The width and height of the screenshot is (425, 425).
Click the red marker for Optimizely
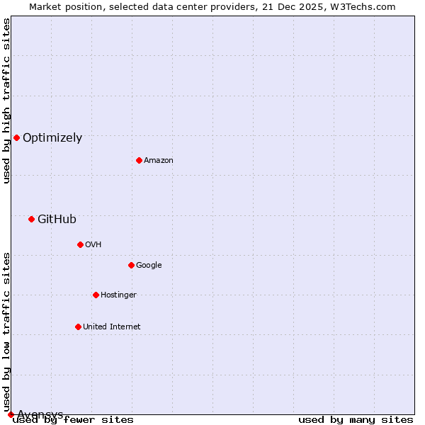(16, 137)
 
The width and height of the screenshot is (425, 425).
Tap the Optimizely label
(52, 138)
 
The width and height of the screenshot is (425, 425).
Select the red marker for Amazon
(139, 160)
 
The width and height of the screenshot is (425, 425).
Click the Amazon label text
(159, 161)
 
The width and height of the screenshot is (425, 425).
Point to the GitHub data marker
(31, 219)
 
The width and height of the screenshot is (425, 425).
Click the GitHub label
(57, 220)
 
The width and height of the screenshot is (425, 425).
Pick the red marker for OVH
(80, 244)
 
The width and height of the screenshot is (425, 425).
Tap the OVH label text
(93, 245)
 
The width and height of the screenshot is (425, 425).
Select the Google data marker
(131, 265)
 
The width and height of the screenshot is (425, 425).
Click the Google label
(149, 266)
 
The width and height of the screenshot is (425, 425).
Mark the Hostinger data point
(96, 295)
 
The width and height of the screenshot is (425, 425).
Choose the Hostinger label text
(118, 295)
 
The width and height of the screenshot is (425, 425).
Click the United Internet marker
(78, 327)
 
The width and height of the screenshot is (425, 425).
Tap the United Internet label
(111, 327)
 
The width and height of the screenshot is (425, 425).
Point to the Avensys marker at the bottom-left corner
(11, 414)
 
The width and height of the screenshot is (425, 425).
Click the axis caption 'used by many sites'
(356, 420)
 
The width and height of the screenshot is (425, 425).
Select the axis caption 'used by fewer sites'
(73, 420)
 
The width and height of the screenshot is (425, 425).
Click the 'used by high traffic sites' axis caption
(6, 101)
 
